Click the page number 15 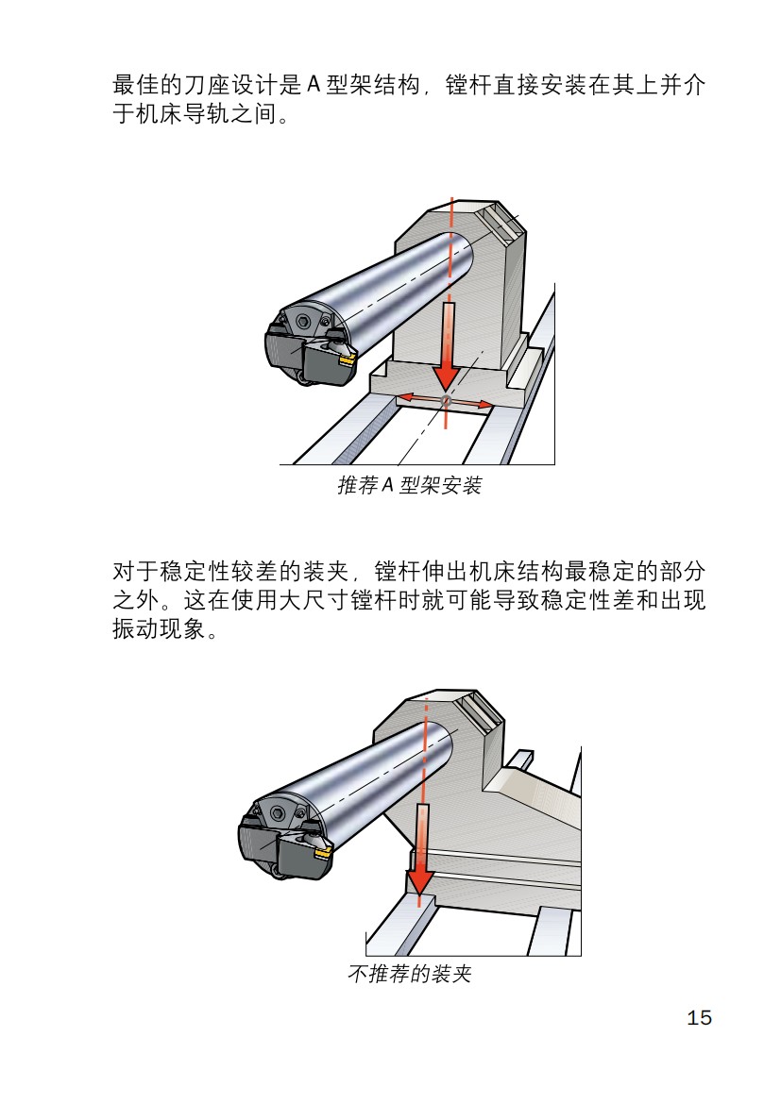pyautogui.click(x=699, y=1018)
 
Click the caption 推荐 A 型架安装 pyautogui.click(x=410, y=486)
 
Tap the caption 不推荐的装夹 pyautogui.click(x=410, y=975)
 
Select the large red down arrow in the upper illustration pyautogui.click(x=448, y=349)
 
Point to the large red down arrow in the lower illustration pyautogui.click(x=421, y=849)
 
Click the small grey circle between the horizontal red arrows pyautogui.click(x=447, y=403)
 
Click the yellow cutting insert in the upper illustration pyautogui.click(x=347, y=359)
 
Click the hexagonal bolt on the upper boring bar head pyautogui.click(x=303, y=322)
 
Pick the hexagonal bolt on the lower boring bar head pyautogui.click(x=277, y=812)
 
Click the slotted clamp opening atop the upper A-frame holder pyautogui.click(x=499, y=222)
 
